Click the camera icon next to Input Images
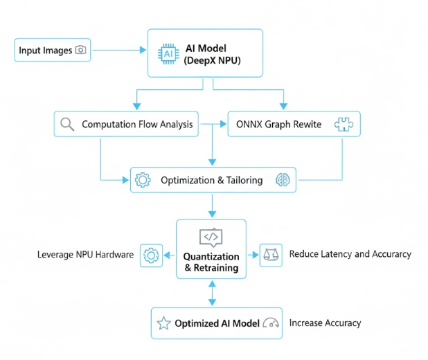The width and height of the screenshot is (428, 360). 80,50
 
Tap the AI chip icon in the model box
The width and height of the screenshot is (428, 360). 168,53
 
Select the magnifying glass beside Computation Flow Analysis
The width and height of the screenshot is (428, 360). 67,125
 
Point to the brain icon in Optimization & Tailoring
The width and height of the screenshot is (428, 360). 283,180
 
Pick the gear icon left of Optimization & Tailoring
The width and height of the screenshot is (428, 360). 143,180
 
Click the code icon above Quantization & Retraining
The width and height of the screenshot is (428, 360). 211,237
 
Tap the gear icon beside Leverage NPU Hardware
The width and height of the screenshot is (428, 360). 150,255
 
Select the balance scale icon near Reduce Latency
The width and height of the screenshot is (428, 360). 269,254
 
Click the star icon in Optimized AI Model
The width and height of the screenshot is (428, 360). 163,323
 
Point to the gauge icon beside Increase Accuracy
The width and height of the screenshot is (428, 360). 271,323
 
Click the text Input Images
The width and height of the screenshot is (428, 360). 46,50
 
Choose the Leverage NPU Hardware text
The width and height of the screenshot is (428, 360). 85,255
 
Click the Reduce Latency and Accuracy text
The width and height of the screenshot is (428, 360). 350,254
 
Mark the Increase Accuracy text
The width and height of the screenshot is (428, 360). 325,323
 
